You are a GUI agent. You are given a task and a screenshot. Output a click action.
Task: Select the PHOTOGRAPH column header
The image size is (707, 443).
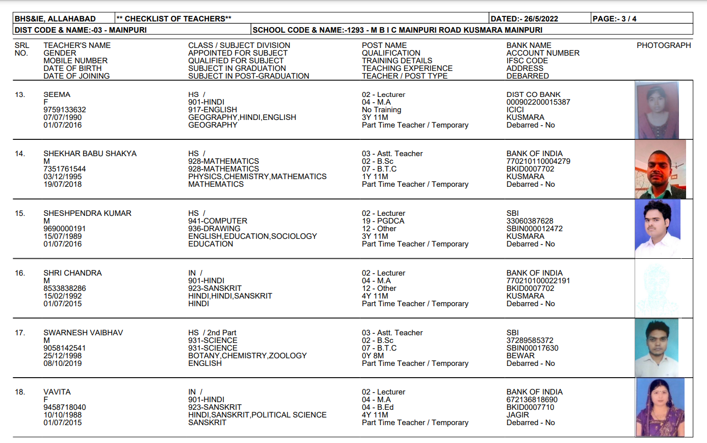pos(664,45)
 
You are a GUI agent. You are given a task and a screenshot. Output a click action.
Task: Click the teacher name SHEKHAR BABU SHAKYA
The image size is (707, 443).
pos(90,154)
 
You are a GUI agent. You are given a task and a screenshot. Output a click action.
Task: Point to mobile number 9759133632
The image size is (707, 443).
pos(65,110)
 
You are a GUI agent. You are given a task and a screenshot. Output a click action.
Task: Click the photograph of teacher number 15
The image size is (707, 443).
pos(658,228)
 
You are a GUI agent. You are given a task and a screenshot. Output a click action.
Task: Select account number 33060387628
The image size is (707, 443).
pos(530,221)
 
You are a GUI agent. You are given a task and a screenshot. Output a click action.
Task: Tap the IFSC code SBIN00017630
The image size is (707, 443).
pos(532,348)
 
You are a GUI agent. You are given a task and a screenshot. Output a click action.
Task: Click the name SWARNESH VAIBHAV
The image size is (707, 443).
pos(83,333)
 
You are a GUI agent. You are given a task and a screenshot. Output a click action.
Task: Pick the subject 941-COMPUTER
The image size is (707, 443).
pos(218,221)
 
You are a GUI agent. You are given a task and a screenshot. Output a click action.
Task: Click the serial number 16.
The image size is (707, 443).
pos(20,273)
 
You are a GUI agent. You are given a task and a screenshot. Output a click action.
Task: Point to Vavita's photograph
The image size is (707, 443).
pos(660,407)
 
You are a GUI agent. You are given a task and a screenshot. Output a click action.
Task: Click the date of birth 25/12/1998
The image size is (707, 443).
pos(62,356)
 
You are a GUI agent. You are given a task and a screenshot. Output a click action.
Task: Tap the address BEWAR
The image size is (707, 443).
pos(520,356)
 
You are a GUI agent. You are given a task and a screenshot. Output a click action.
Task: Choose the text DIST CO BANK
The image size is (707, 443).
pos(533,94)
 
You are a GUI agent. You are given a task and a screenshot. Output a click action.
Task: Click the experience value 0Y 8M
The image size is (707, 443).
pos(373,356)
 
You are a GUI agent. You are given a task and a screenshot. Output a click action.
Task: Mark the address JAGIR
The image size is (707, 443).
pos(518,415)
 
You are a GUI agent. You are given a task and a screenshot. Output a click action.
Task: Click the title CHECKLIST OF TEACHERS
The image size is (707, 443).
pos(174,19)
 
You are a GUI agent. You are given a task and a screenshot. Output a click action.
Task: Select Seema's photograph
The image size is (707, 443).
pos(657,110)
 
